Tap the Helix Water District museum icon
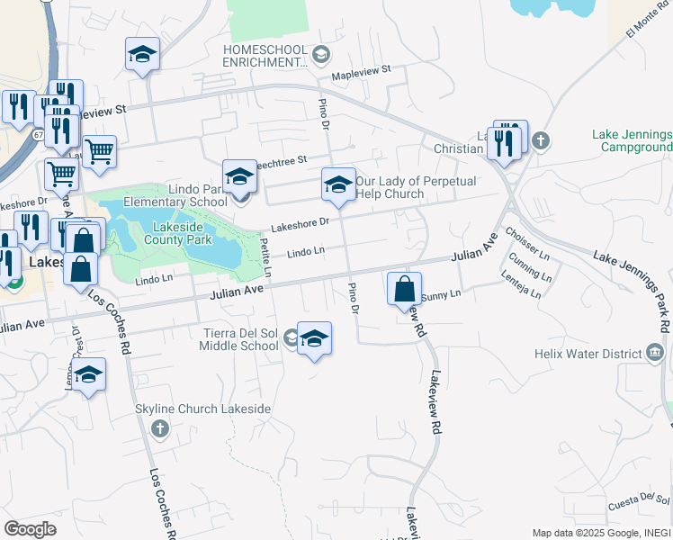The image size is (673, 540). tap(655, 353)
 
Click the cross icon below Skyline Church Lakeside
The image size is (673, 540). tap(160, 427)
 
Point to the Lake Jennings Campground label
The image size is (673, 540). tap(633, 140)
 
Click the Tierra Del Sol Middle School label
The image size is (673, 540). tap(239, 338)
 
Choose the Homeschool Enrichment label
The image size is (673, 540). tap(266, 56)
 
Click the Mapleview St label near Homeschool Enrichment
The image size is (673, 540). tap(362, 68)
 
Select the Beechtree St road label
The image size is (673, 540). tap(279, 159)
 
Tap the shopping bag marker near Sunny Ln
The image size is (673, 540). tap(405, 290)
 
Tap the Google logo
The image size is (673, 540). tap(30, 529)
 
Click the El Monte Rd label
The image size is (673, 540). tap(650, 26)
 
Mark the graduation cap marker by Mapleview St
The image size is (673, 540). tap(142, 56)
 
